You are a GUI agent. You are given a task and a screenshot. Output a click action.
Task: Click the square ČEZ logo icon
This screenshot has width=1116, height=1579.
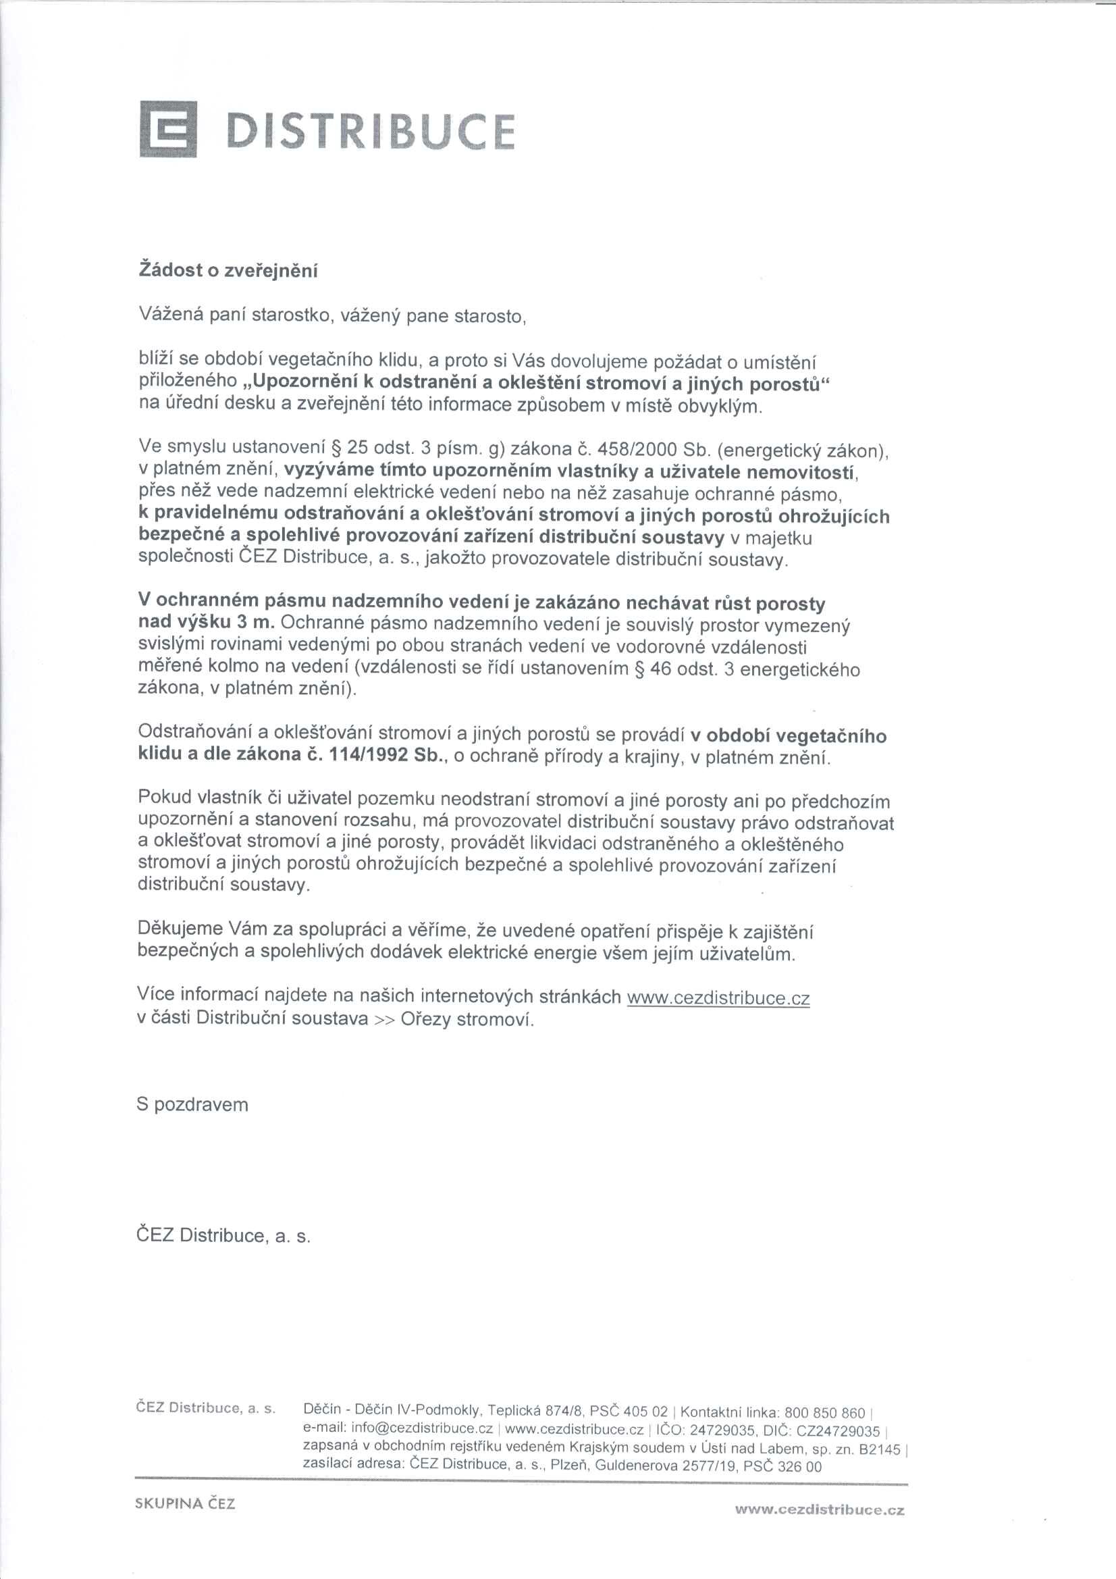pyautogui.click(x=168, y=128)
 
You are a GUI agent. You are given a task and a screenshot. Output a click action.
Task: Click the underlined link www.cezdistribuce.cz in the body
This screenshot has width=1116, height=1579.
pyautogui.click(x=718, y=998)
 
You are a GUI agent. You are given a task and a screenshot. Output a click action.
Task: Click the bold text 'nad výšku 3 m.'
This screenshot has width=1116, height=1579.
pyautogui.click(x=207, y=623)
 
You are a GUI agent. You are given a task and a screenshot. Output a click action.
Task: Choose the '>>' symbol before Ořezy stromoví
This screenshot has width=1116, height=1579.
pyautogui.click(x=383, y=1019)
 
